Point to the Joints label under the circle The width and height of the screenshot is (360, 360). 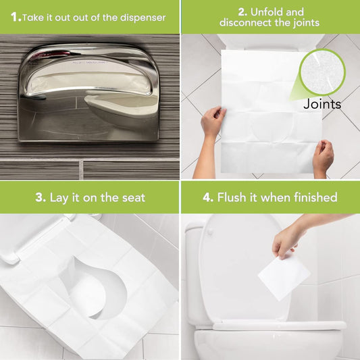[322, 104]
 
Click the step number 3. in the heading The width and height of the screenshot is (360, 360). [41, 198]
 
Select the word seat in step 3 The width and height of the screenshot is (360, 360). [130, 198]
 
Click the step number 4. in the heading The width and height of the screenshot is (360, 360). [206, 198]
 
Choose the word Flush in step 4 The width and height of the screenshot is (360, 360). [234, 198]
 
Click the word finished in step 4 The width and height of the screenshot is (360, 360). [313, 198]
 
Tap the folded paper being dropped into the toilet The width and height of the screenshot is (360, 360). [283, 275]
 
